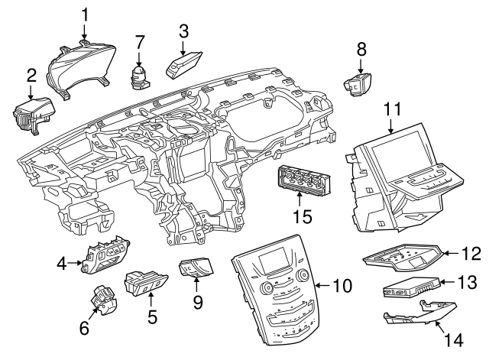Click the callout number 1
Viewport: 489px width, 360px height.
click(x=85, y=14)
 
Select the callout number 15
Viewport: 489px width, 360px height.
click(x=304, y=217)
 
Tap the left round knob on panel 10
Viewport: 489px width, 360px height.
click(x=264, y=289)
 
